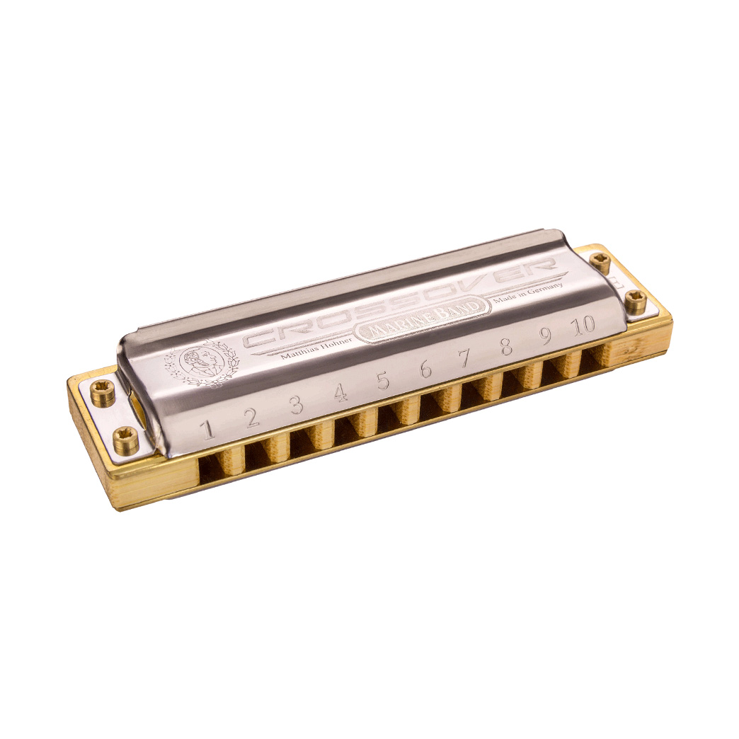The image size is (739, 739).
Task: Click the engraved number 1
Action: coord(207,429)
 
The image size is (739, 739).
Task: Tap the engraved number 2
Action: coord(251,418)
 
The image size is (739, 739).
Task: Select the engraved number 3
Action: coord(296,405)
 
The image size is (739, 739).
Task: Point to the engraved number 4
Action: coord(340,392)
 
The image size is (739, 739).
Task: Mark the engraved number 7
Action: coord(465,358)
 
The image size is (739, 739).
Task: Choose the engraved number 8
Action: coord(506,347)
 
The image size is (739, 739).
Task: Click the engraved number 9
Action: coord(545,336)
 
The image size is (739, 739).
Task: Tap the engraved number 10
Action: coord(584,326)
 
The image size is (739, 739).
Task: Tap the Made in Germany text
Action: coord(529,292)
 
